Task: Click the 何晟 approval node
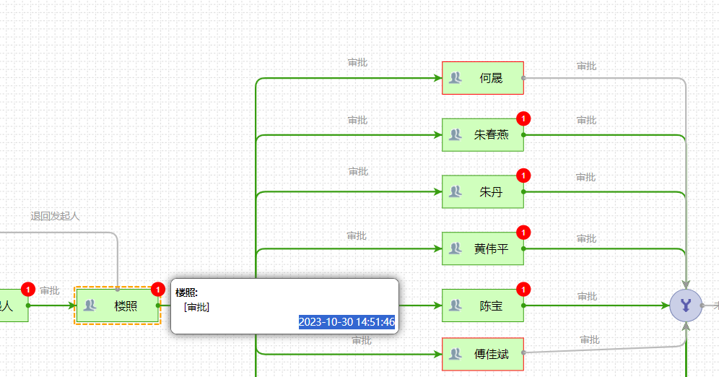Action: pos(483,78)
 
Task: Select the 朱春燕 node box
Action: pos(483,135)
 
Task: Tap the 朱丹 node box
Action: pos(483,192)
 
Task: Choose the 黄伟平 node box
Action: pos(483,249)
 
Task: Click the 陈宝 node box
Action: pos(483,306)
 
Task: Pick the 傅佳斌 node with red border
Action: pos(483,355)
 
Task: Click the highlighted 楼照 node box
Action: pos(118,306)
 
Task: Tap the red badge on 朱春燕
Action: pos(524,118)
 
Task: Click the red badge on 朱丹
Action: pos(524,175)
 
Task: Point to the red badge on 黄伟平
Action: pos(524,233)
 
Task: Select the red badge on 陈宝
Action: pos(524,290)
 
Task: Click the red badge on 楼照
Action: pos(158,290)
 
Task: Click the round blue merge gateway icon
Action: pos(686,306)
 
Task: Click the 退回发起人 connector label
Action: pos(55,216)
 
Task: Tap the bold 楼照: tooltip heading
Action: pos(186,292)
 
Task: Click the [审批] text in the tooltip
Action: pos(197,307)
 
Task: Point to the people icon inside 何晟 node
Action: pos(455,78)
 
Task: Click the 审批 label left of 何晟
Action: pos(357,63)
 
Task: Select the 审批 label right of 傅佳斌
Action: pos(590,339)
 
